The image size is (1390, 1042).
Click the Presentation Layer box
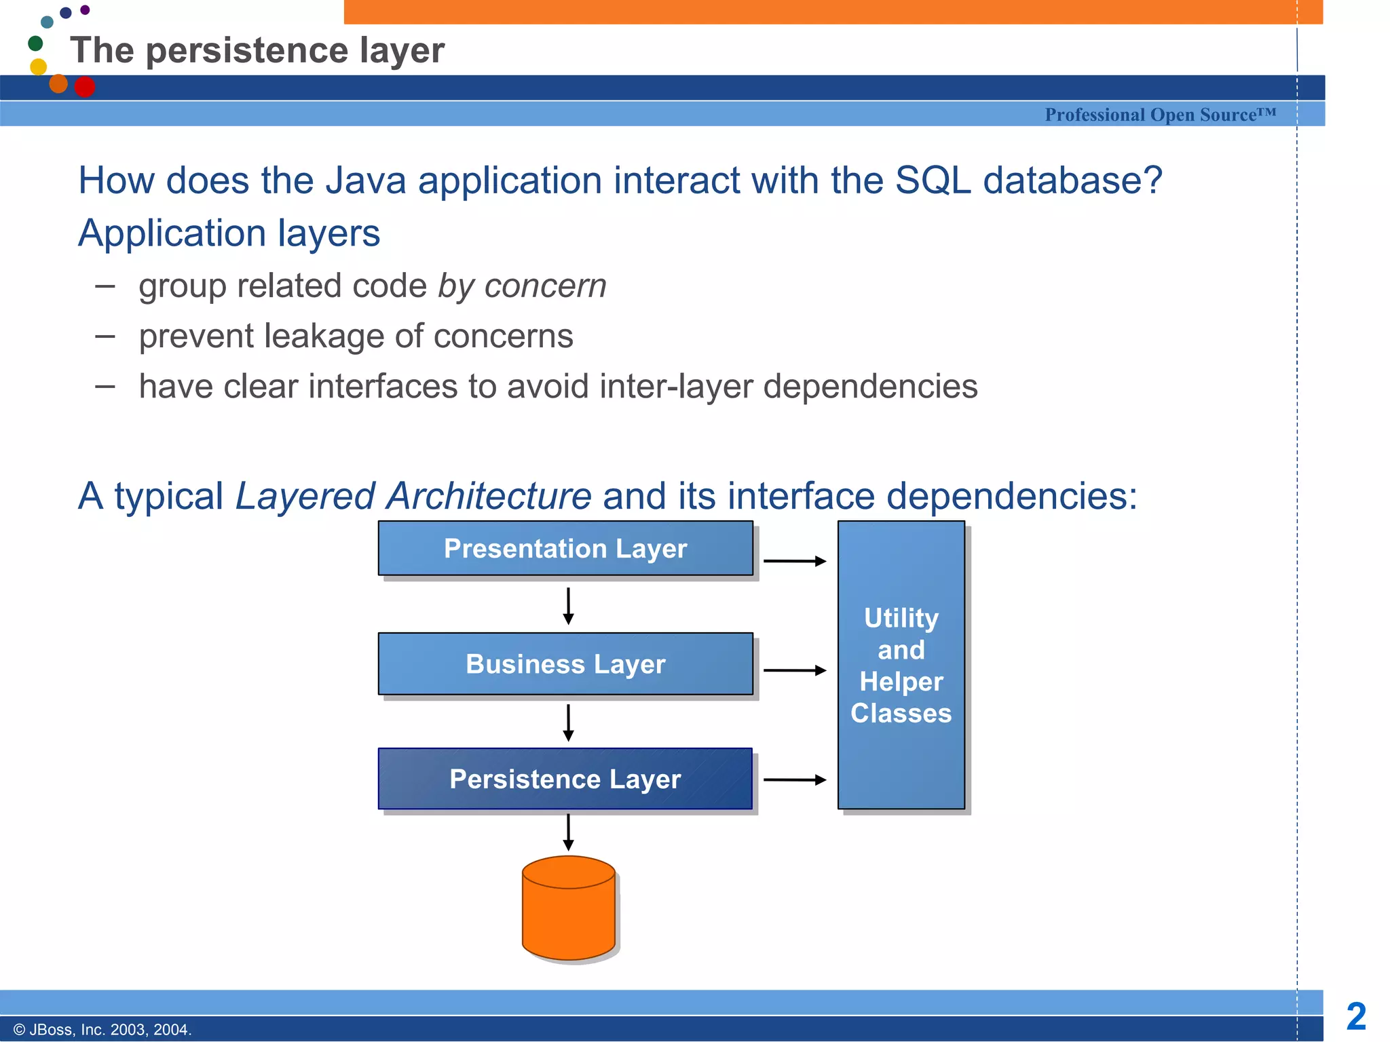click(x=565, y=548)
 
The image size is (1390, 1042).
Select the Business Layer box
click(x=565, y=663)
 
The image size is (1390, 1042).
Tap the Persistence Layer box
click(x=565, y=779)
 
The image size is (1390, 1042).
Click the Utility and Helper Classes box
click(x=901, y=665)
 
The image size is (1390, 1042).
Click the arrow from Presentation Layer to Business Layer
click(x=569, y=606)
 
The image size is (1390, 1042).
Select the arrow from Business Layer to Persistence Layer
click(x=569, y=722)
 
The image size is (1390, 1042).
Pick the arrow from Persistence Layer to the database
click(x=569, y=832)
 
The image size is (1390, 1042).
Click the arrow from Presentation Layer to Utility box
click(x=795, y=561)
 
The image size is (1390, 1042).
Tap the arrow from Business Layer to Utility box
click(x=795, y=670)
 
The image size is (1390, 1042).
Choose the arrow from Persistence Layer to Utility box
click(x=795, y=780)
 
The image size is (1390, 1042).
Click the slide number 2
click(x=1356, y=1017)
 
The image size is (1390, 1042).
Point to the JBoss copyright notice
click(x=102, y=1030)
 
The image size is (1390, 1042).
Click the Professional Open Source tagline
click(x=1160, y=115)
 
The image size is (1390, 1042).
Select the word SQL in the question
click(x=933, y=181)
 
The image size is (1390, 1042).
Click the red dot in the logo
click(x=85, y=87)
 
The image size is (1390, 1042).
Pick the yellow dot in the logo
click(x=39, y=66)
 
